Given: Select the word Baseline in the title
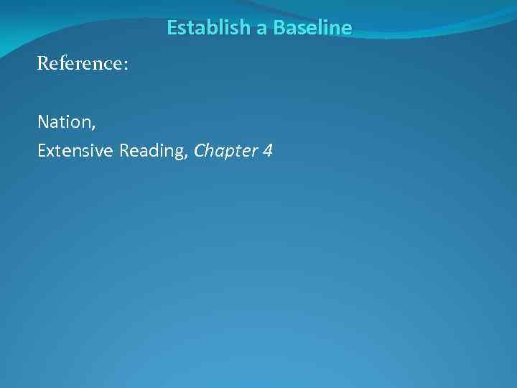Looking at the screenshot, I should [312, 28].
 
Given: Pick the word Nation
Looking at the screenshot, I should [64, 122].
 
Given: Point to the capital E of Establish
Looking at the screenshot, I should [172, 28].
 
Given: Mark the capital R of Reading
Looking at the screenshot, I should [125, 151].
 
